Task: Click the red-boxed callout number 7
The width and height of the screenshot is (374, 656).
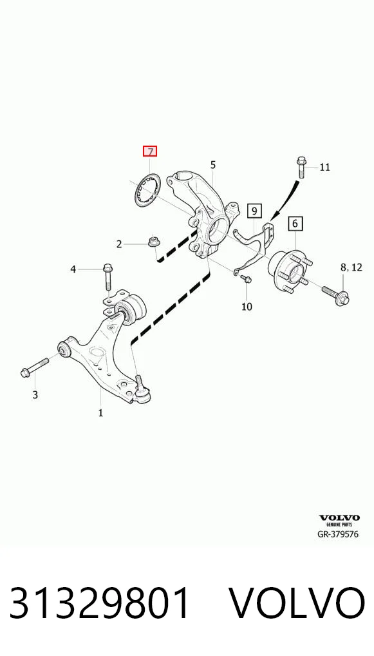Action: click(x=149, y=151)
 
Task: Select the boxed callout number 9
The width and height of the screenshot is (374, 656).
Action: click(x=254, y=211)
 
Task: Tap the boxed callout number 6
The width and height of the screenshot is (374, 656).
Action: click(x=295, y=224)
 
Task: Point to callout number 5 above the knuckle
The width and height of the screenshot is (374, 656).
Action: click(x=213, y=165)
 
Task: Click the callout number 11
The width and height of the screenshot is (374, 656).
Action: click(x=324, y=168)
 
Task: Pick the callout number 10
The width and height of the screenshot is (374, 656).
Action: click(x=247, y=307)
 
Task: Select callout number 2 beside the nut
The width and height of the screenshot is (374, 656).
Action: click(x=119, y=244)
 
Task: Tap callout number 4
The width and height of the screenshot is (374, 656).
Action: click(x=73, y=269)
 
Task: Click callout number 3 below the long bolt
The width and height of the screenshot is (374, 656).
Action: click(x=35, y=394)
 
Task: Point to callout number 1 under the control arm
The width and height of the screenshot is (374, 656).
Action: click(x=100, y=413)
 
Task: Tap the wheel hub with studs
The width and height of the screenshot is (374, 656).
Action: click(x=288, y=272)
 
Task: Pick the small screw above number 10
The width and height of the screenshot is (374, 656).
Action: click(x=247, y=279)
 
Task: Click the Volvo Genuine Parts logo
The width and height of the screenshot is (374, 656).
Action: click(x=339, y=521)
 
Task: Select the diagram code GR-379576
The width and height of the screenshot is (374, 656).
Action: click(x=338, y=534)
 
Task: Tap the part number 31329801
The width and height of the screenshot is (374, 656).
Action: click(x=100, y=603)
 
